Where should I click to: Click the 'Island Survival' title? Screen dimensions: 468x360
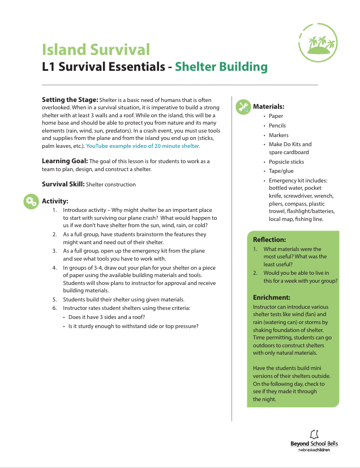point(96,49)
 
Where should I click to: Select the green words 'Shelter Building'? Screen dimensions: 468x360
point(221,66)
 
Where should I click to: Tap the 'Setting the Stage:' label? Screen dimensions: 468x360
point(70,100)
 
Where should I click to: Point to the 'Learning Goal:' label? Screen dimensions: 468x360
point(65,161)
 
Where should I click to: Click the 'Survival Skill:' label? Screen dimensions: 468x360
point(65,184)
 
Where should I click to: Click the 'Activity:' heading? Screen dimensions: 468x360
point(55,201)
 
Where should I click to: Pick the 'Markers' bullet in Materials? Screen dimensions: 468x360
point(278,135)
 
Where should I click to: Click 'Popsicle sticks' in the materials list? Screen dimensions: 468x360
point(286,162)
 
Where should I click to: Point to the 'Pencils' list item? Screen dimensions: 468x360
point(277,126)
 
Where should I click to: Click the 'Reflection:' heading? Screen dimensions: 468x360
point(269,240)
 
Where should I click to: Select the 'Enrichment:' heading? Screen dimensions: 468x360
point(272,297)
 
